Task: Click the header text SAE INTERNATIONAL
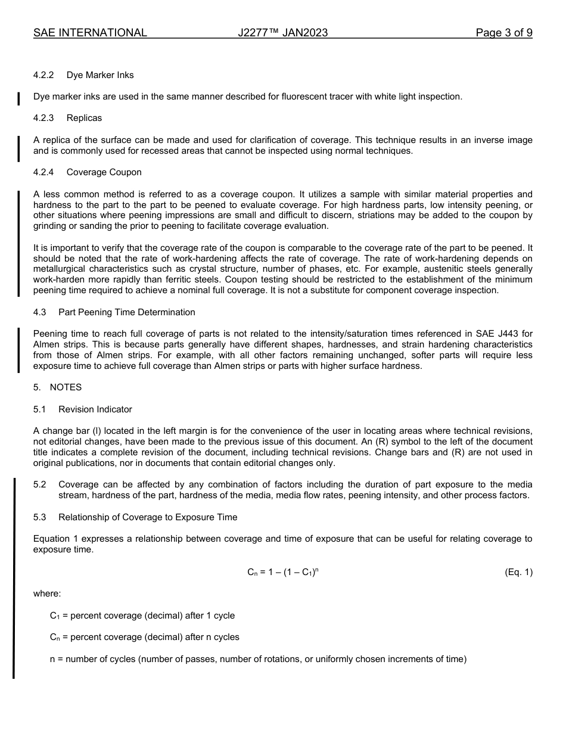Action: pyautogui.click(x=90, y=33)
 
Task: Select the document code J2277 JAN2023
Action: pyautogui.click(x=282, y=33)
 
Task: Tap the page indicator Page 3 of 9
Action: pyautogui.click(x=503, y=33)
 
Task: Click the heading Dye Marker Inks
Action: pyautogui.click(x=100, y=75)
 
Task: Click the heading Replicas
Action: pyautogui.click(x=84, y=118)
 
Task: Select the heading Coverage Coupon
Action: pyautogui.click(x=104, y=172)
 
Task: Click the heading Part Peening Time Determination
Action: pyautogui.click(x=126, y=312)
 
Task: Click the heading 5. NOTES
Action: pyautogui.click(x=58, y=387)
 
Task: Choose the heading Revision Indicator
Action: pyautogui.click(x=95, y=409)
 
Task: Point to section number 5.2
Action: pyautogui.click(x=40, y=484)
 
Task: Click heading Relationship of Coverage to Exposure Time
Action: pyautogui.click(x=147, y=517)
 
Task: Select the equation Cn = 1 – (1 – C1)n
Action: pyautogui.click(x=279, y=572)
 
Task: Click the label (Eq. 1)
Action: pyautogui.click(x=518, y=572)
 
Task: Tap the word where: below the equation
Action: pyautogui.click(x=47, y=594)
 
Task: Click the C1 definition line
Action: pyautogui.click(x=142, y=616)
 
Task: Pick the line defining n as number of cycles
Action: pyautogui.click(x=257, y=659)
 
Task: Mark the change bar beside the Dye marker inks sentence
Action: pyautogui.click(x=18, y=97)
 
